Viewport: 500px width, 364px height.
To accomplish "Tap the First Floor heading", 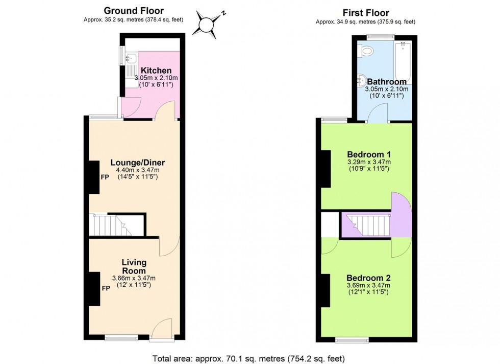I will [365, 13].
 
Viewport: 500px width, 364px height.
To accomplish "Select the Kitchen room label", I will [156, 71].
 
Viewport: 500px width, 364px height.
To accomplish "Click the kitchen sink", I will [131, 60].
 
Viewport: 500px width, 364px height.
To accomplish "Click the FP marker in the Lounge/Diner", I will [105, 177].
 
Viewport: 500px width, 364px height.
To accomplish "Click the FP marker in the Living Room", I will [105, 288].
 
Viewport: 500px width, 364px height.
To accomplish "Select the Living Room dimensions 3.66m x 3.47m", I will [134, 278].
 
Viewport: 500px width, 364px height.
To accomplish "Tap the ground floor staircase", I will [109, 225].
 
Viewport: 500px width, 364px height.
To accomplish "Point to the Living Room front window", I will [121, 337].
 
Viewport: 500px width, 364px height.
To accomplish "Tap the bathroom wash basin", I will [362, 80].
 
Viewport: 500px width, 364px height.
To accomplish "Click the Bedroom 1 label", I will [365, 154].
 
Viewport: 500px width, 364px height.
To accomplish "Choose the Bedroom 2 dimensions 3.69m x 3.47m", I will [365, 285].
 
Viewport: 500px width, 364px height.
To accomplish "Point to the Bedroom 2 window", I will [352, 339].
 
